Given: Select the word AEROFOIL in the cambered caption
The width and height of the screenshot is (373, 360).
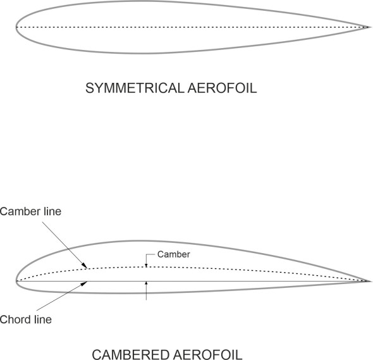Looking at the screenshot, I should [x=209, y=354].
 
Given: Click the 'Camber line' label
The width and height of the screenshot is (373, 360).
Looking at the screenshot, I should [x=31, y=211].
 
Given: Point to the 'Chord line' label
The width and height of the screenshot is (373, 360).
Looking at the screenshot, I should [x=26, y=320].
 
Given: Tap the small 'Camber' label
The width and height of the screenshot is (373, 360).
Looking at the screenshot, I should [x=168, y=254].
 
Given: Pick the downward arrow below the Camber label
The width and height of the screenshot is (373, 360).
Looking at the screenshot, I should [x=146, y=264].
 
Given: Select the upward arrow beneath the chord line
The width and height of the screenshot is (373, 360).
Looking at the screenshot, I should [x=146, y=285].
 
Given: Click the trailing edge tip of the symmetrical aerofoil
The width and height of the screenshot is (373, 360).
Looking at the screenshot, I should [x=369, y=27].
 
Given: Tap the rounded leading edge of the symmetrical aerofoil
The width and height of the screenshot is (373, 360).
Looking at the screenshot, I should [x=16, y=27].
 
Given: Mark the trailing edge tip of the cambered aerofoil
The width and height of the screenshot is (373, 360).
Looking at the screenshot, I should [x=369, y=280].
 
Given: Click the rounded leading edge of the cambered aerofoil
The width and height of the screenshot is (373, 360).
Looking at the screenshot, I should [x=16, y=280].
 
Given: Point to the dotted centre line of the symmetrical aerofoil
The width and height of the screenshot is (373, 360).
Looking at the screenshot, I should [x=190, y=27].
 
